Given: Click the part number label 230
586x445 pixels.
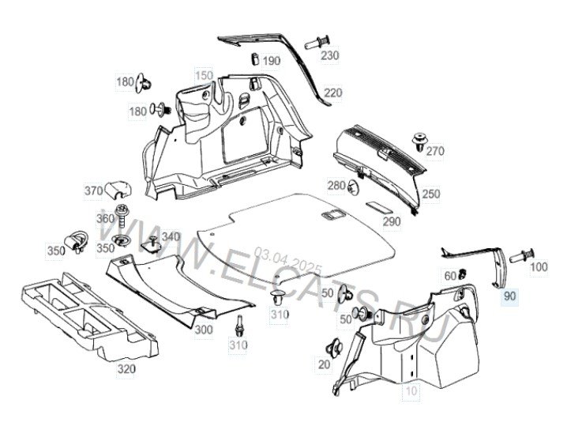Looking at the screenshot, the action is point(329,55).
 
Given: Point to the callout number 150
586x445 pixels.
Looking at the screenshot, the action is point(204,76).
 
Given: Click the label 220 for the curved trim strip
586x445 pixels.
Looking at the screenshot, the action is point(332,92).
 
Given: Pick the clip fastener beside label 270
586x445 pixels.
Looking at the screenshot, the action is point(419,141).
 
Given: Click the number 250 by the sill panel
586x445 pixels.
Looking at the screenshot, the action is point(431,194).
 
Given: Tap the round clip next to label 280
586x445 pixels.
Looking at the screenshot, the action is point(353,187).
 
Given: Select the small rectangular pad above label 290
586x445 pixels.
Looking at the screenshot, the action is point(378,206).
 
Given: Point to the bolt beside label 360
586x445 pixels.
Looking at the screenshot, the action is point(122,215).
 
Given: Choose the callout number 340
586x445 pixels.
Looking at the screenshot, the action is point(171,236).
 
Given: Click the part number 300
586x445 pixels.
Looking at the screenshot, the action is point(204,330).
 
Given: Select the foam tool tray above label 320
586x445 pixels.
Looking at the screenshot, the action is point(90,317).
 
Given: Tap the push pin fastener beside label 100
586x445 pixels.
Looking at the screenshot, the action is point(521,256).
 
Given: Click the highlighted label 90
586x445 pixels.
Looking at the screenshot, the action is point(509,296).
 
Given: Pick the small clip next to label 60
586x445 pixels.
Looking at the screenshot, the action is point(463,274).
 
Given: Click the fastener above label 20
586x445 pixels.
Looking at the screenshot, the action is point(335,348).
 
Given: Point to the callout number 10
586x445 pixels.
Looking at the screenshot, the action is point(411,391).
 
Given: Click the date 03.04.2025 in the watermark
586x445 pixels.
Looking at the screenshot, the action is point(287,261).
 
